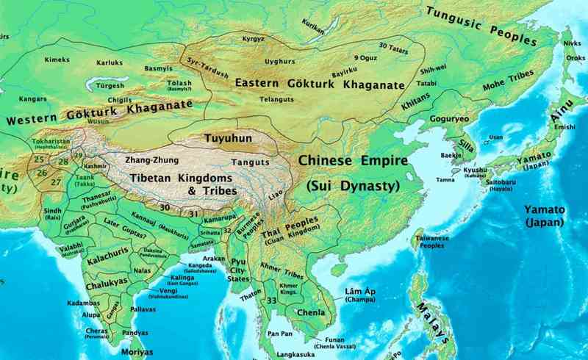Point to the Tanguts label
click(246, 162)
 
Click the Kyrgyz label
click(254, 37)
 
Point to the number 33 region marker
click(272, 300)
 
